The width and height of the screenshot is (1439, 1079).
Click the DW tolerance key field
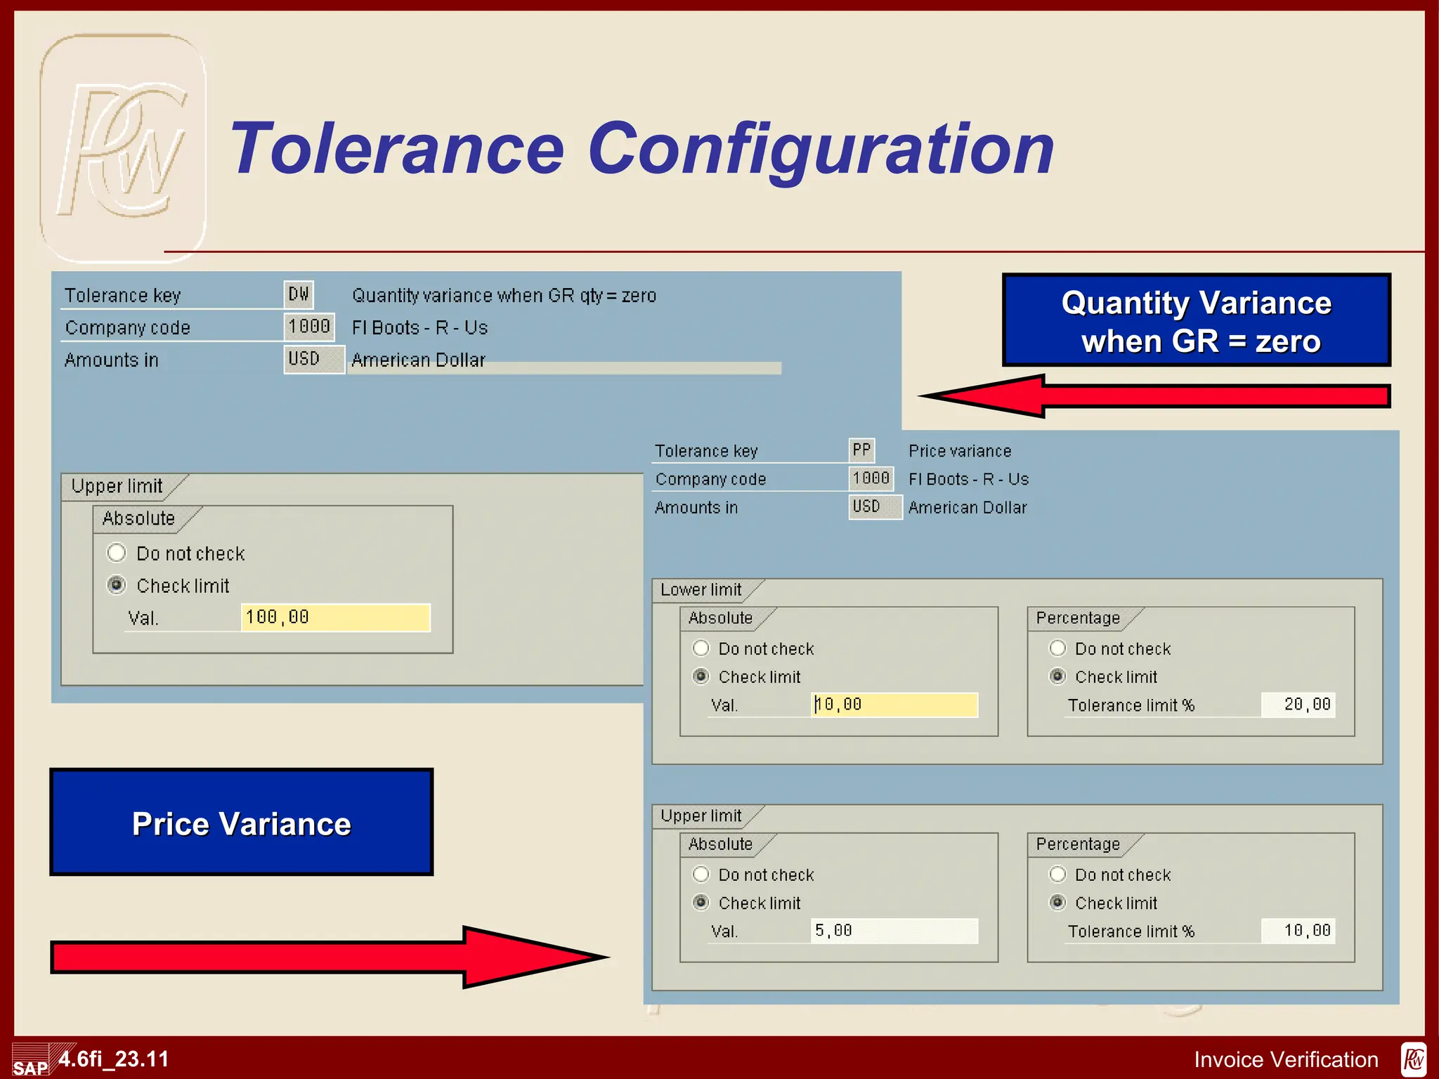click(299, 294)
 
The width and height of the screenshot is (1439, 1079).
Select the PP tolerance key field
click(861, 450)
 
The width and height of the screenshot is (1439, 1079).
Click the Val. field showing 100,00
click(335, 617)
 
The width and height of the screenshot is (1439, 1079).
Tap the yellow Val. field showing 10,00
click(894, 705)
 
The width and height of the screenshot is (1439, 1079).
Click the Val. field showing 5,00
click(894, 931)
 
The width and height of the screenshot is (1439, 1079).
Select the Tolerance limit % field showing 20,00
click(1298, 705)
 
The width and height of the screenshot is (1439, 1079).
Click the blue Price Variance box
click(242, 823)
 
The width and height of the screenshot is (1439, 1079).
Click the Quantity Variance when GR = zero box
click(1197, 321)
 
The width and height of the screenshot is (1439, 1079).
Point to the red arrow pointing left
click(1152, 396)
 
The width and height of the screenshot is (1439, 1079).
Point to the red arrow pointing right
click(330, 957)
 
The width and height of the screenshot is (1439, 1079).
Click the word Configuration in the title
click(820, 149)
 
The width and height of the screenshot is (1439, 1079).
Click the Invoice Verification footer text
click(1286, 1059)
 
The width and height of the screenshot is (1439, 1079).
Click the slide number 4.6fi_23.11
click(114, 1059)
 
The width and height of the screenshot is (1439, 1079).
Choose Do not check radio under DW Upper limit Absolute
click(117, 553)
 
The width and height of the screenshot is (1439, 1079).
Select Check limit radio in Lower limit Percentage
click(1057, 676)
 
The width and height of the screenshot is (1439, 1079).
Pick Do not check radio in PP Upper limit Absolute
click(701, 875)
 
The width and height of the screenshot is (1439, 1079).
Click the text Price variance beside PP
click(960, 451)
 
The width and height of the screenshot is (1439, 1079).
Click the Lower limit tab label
click(701, 590)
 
